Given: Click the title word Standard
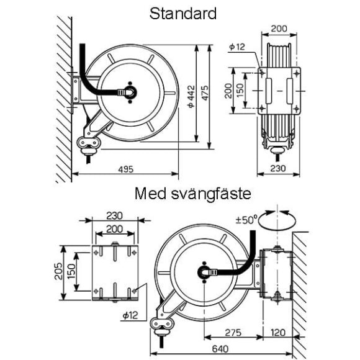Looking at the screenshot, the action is coord(182,14).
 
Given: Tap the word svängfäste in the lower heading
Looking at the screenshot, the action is coord(211,194).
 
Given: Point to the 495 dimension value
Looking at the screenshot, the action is coord(125,169).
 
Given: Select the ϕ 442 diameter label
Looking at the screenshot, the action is coord(191,96).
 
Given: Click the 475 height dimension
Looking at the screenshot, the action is coord(205,92).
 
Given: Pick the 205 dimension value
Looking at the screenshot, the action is coord(58,271).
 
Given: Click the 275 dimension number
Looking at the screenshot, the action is coord(233,333).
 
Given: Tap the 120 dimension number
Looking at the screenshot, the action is coord(278,333).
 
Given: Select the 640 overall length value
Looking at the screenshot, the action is coord(220,349).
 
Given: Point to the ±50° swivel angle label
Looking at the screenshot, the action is coord(246,220).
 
